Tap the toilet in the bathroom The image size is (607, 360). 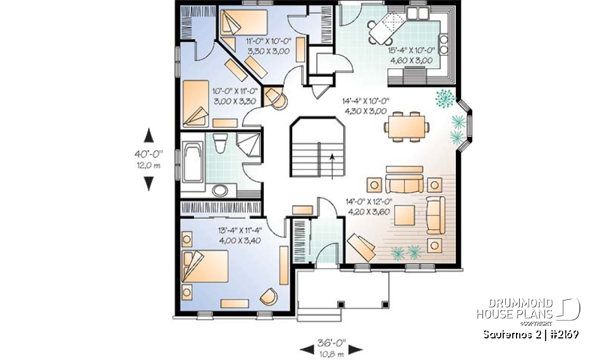tap(219, 144)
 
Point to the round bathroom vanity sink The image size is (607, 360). tap(219, 190)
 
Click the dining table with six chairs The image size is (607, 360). tap(405, 125)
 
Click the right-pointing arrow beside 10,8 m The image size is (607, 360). tap(355, 349)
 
